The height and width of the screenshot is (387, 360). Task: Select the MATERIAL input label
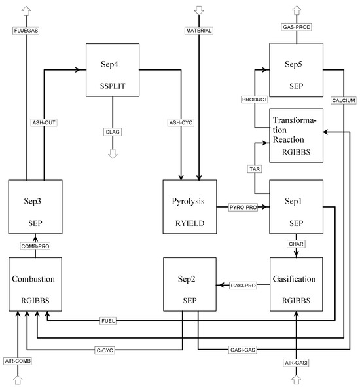coord(200,30)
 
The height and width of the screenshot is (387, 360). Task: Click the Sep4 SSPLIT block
coord(112,71)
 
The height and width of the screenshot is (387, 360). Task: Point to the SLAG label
coord(113,132)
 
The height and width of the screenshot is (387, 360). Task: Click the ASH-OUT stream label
coord(44,122)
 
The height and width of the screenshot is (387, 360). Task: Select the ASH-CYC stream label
coord(181,122)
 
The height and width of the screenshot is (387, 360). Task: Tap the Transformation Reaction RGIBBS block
coord(296,136)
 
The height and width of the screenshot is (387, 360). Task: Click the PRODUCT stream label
coord(255,100)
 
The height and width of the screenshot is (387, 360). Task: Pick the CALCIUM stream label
coord(343,100)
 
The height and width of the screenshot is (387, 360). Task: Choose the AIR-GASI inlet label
coord(296,362)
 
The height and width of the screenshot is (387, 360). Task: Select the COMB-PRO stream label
coord(35,246)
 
